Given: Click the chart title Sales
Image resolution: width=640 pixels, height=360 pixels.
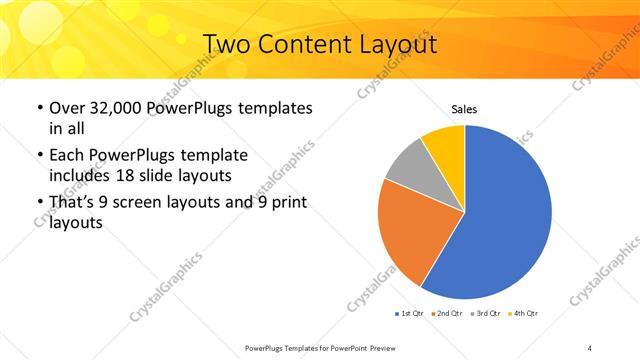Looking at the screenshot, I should point(464,108).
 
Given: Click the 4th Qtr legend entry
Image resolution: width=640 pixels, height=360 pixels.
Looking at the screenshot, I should point(525,313).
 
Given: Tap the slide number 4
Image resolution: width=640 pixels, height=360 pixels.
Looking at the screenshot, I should point(590,347).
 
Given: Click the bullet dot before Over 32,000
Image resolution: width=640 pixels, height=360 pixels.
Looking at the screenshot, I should point(39,108).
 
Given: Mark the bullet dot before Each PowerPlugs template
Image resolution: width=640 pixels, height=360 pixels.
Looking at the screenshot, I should point(39,156).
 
